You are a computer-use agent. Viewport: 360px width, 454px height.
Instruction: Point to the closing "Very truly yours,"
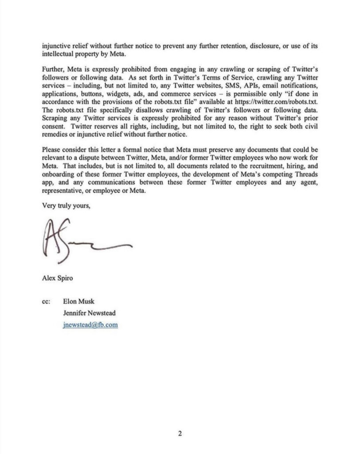(65, 204)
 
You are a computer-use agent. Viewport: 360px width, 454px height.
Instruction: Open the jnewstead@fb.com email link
(90, 325)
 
